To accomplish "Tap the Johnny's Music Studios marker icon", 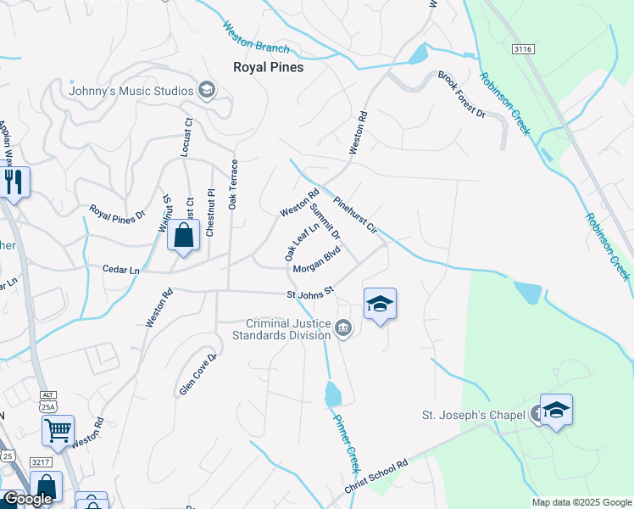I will [x=206, y=89].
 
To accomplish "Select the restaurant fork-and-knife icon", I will [x=14, y=182].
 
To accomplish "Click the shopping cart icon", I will [x=58, y=430].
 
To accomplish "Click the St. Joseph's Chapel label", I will [x=474, y=416].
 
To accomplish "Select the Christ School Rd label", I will [x=376, y=477].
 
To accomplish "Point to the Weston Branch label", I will [x=256, y=38].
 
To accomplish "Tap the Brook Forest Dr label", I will [x=461, y=95].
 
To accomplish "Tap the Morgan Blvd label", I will [x=316, y=260].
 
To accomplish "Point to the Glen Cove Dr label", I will [x=198, y=374].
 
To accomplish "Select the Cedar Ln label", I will [x=120, y=269].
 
